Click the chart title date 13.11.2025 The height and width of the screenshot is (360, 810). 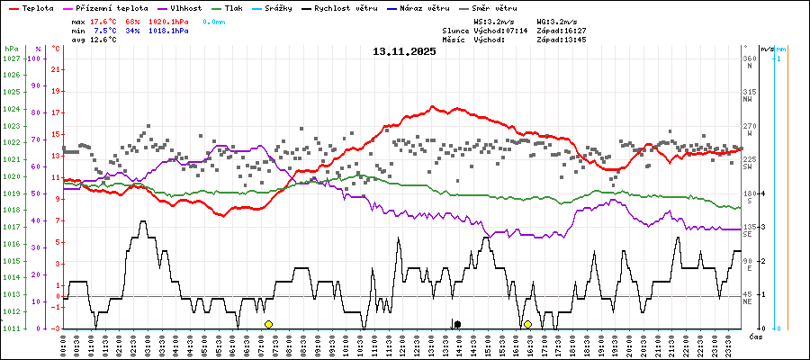pyautogui.click(x=404, y=51)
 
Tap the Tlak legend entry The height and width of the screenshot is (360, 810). pyautogui.click(x=243, y=7)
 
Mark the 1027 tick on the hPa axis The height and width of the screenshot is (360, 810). pyautogui.click(x=11, y=58)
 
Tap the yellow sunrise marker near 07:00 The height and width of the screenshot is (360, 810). pyautogui.click(x=268, y=324)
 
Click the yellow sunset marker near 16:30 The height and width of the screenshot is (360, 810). pyautogui.click(x=527, y=324)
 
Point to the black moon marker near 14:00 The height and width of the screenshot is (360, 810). pyautogui.click(x=457, y=324)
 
